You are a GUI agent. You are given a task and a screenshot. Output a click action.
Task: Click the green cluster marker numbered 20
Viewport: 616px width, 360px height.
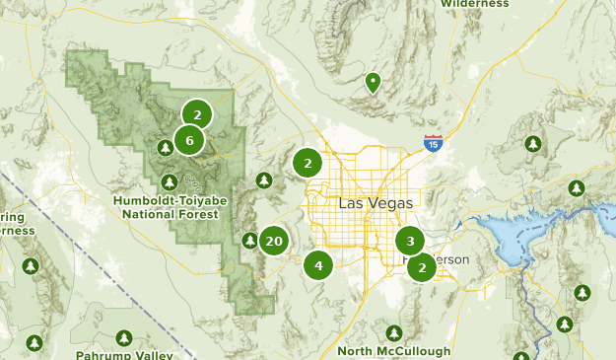pyautogui.click(x=274, y=241)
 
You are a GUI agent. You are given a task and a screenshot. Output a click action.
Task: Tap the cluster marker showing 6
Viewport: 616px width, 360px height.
pyautogui.click(x=189, y=140)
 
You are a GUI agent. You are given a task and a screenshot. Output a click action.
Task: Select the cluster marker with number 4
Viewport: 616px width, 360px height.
pyautogui.click(x=318, y=264)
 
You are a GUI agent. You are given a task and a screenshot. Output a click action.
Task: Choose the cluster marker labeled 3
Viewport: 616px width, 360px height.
pyautogui.click(x=410, y=240)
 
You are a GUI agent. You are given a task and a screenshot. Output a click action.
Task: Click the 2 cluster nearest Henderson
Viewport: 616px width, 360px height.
pyautogui.click(x=422, y=266)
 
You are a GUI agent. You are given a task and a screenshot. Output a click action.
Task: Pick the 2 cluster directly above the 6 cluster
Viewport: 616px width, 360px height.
pyautogui.click(x=197, y=114)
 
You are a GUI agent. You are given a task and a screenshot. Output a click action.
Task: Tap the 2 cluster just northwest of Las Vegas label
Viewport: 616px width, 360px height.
pyautogui.click(x=308, y=163)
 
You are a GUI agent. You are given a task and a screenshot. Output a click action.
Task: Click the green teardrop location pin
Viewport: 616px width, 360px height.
pyautogui.click(x=373, y=83)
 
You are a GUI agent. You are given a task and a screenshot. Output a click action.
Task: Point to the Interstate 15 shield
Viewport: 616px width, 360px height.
pyautogui.click(x=433, y=143)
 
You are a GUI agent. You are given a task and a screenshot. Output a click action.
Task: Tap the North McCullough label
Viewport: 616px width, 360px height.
pyautogui.click(x=393, y=350)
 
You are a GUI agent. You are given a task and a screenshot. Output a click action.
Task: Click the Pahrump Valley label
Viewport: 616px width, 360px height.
pyautogui.click(x=124, y=354)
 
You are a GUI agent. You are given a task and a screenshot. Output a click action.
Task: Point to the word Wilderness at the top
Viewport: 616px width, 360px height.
pyautogui.click(x=475, y=4)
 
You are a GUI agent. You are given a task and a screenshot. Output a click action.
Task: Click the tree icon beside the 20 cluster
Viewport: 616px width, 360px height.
pyautogui.click(x=250, y=241)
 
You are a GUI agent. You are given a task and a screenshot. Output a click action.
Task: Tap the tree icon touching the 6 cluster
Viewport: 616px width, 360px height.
pyautogui.click(x=166, y=148)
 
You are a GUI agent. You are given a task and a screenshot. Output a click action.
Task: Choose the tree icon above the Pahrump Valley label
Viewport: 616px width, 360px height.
pyautogui.click(x=124, y=337)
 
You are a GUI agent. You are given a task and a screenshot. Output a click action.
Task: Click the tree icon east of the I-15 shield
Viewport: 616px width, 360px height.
pyautogui.click(x=533, y=144)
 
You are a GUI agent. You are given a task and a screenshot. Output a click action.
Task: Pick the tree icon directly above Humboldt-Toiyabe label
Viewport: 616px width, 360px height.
pyautogui.click(x=170, y=181)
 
